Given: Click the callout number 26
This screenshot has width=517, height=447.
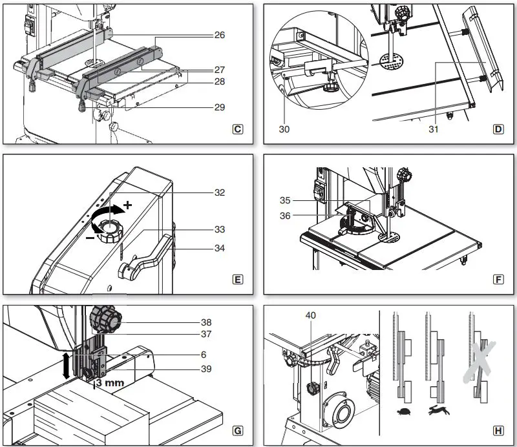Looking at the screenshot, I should pos(220,35).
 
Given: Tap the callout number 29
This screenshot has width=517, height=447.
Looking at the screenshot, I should pos(220,107).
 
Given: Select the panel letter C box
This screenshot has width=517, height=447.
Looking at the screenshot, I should pos(238,129).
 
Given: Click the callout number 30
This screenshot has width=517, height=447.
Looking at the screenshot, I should pos(284,129).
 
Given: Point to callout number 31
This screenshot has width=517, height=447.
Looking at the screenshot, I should pos(434,129).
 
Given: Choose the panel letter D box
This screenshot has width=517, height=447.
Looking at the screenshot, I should pos(498,129).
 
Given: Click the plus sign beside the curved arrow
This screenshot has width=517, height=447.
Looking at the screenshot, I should pos(128,205).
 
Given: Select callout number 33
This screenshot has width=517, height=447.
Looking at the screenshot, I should pos(220,229).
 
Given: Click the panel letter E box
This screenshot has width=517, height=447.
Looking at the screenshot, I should pos(238,280).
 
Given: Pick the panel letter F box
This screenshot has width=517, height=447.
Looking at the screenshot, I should pos(498,280).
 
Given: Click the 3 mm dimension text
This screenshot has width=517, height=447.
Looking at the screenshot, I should pos(109,382).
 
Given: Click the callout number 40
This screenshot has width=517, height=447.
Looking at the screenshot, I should pos(311,316).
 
